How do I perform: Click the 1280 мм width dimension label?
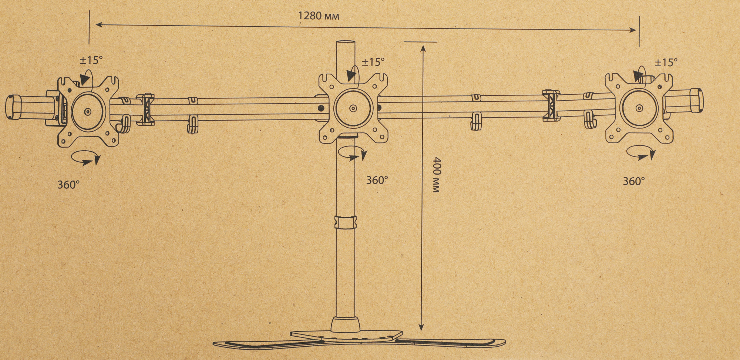[x=319, y=16]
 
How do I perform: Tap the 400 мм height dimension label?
[x=437, y=175]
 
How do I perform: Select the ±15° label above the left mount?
[x=91, y=60]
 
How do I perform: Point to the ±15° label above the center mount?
[x=373, y=62]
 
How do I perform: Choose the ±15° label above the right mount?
[x=666, y=63]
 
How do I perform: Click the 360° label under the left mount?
[x=68, y=184]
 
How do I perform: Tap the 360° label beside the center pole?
[x=377, y=180]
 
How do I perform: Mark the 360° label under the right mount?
[x=634, y=181]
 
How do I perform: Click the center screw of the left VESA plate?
[x=87, y=111]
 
